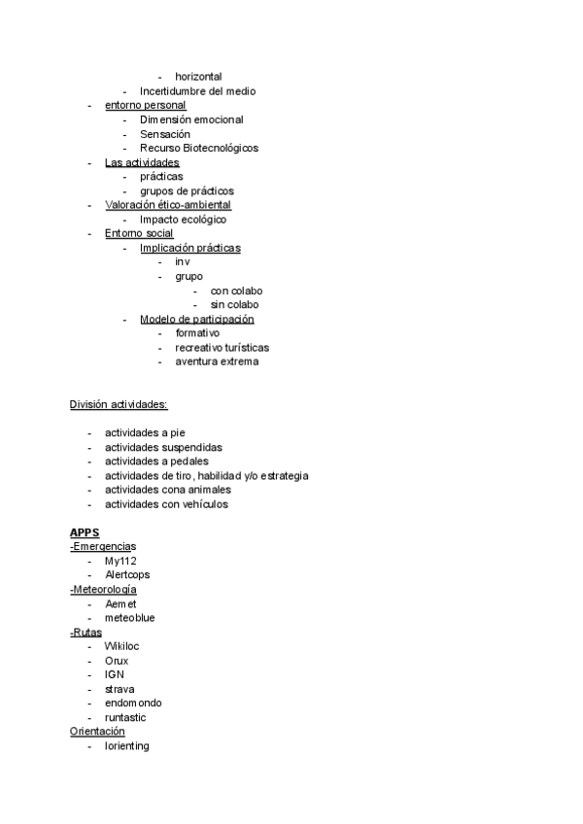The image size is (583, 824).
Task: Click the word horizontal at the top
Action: pyautogui.click(x=198, y=77)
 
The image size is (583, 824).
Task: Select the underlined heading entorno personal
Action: pyautogui.click(x=145, y=105)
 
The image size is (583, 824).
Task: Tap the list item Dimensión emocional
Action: pyautogui.click(x=191, y=120)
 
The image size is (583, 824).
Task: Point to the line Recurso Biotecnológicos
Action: pyautogui.click(x=199, y=149)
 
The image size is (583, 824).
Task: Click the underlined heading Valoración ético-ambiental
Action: pyautogui.click(x=168, y=205)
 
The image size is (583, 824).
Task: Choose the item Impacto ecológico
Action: pyautogui.click(x=183, y=220)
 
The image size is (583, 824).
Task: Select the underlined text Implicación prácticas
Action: pyautogui.click(x=189, y=249)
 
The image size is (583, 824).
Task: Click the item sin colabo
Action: pyautogui.click(x=234, y=305)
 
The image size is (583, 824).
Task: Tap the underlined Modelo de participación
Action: pyautogui.click(x=196, y=320)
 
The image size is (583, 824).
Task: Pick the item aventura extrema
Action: pyautogui.click(x=217, y=362)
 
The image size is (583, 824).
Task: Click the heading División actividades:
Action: pyautogui.click(x=118, y=404)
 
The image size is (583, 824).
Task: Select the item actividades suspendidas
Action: pyautogui.click(x=163, y=448)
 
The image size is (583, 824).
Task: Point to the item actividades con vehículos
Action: pyautogui.click(x=167, y=504)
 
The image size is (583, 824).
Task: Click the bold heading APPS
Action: pyautogui.click(x=85, y=533)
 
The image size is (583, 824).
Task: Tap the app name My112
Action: pyautogui.click(x=120, y=562)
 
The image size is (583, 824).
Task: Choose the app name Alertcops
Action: pyautogui.click(x=127, y=575)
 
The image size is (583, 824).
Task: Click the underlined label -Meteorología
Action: pyautogui.click(x=103, y=590)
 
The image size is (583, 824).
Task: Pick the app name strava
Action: pyautogui.click(x=120, y=689)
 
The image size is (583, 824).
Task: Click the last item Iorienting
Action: pyautogui.click(x=127, y=746)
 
